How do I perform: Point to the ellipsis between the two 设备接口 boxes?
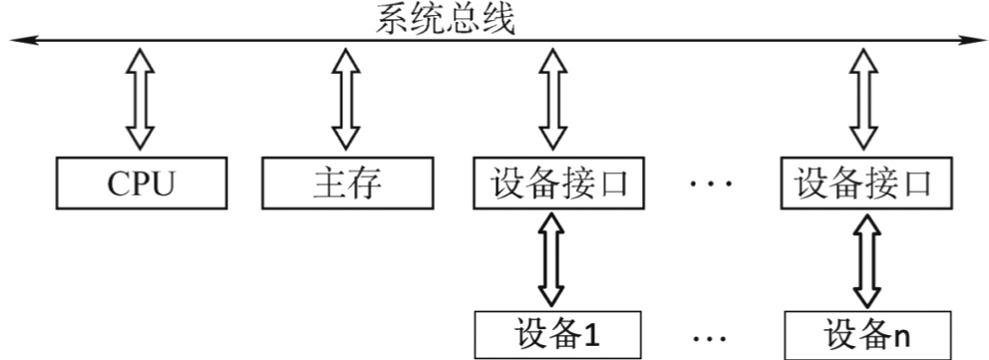click(711, 184)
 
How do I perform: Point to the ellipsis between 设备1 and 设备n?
click(711, 337)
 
